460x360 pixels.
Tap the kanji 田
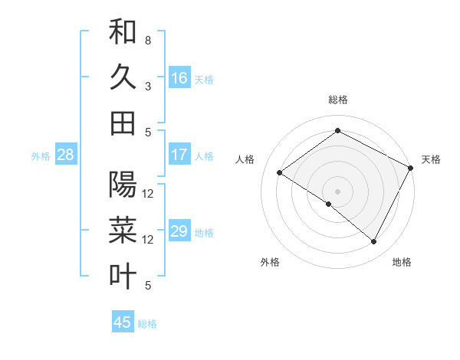[123, 123]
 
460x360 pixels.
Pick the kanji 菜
[123, 231]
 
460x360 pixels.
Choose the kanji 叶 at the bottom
[123, 277]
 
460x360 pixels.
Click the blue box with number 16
[179, 77]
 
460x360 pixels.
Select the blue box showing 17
[179, 155]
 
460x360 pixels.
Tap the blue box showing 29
[179, 231]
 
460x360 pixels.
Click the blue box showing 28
[65, 155]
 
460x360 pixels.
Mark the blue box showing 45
[123, 322]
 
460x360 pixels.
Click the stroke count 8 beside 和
[148, 40]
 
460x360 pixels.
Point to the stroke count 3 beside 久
[148, 86]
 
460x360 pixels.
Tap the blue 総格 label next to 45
[147, 324]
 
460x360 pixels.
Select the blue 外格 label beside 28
[41, 156]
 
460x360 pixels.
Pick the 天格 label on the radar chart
[431, 159]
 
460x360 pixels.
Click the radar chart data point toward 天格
[411, 168]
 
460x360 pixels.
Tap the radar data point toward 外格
[329, 204]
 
